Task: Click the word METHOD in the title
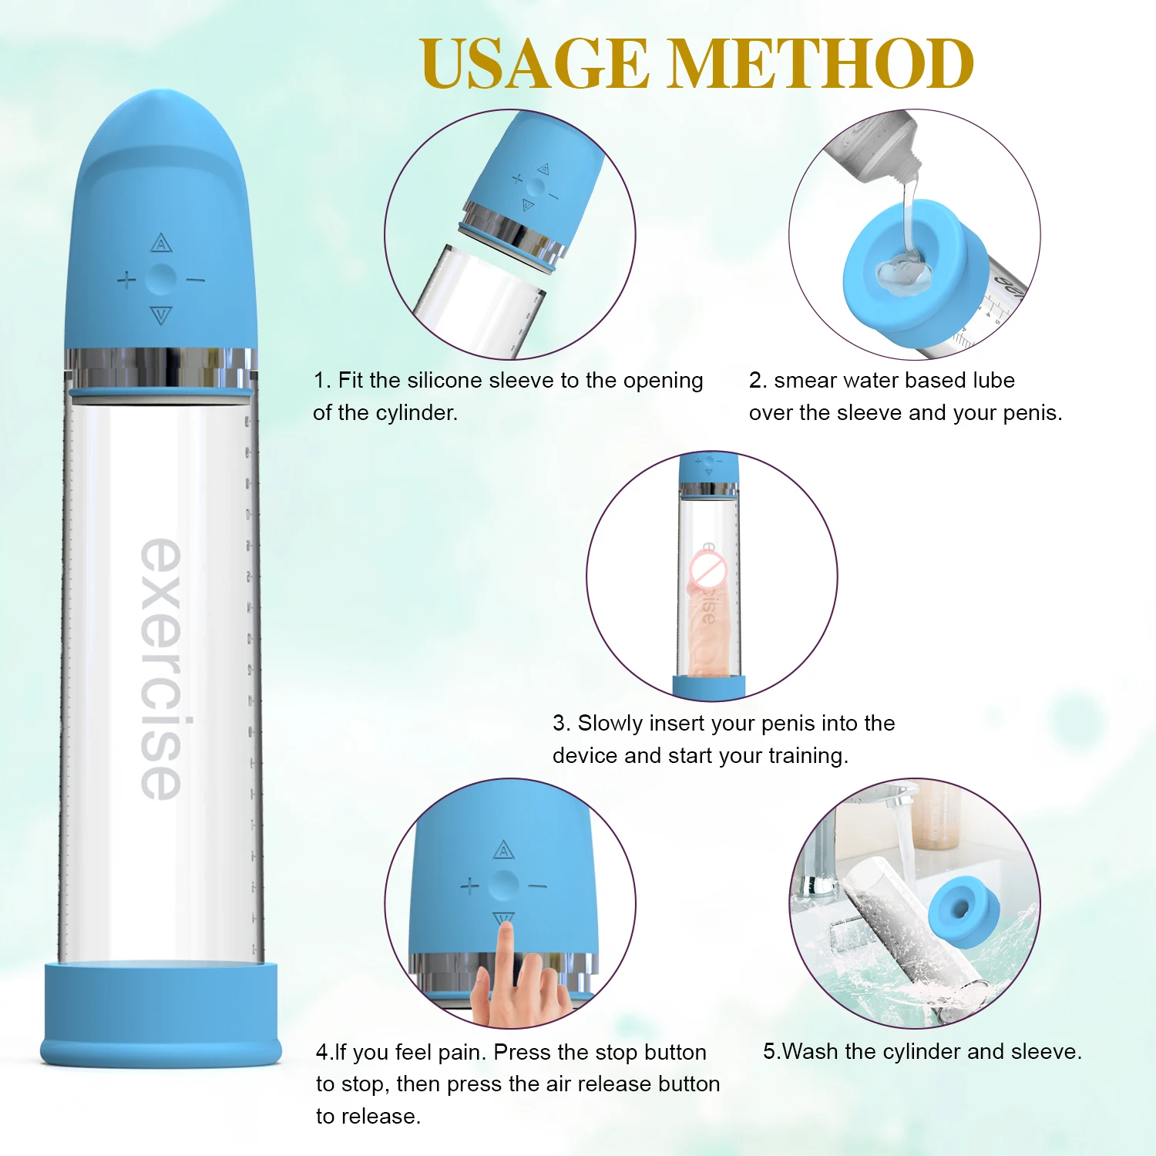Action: click(x=820, y=64)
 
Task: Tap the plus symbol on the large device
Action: click(x=126, y=279)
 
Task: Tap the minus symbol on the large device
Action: click(x=196, y=279)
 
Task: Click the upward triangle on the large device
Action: click(x=160, y=244)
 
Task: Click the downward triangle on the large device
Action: click(x=161, y=314)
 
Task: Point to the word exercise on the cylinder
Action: click(x=162, y=669)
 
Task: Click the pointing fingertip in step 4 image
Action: click(x=506, y=933)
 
